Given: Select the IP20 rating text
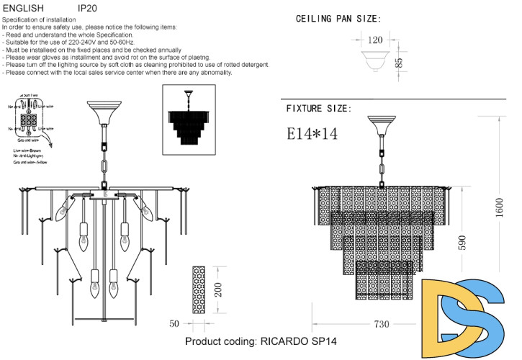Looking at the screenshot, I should [87, 8].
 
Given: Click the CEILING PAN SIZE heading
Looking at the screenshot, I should [338, 19].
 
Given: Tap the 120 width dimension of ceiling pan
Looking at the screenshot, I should [376, 40].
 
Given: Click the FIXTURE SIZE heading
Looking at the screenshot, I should [319, 109].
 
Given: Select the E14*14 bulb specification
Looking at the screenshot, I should [312, 133].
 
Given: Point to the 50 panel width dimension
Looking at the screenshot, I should [174, 324].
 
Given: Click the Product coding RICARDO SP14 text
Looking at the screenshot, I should [261, 341].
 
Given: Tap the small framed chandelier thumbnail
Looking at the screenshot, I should [189, 119].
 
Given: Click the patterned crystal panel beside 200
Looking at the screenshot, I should [199, 289].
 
